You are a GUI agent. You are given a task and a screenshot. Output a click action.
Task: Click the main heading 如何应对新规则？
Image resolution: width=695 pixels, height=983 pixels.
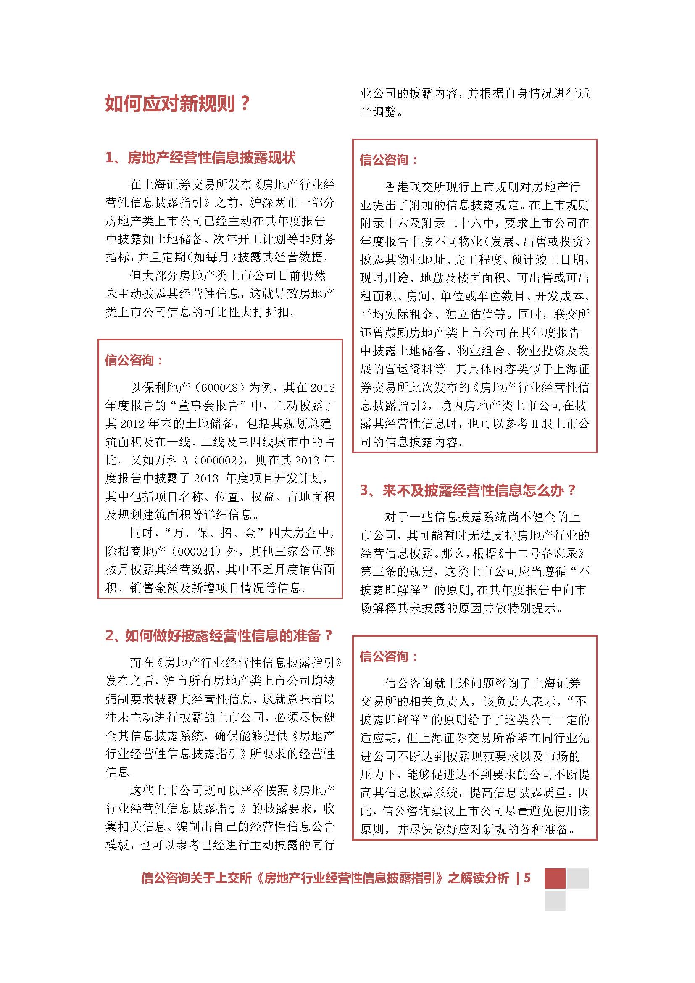point(178,104)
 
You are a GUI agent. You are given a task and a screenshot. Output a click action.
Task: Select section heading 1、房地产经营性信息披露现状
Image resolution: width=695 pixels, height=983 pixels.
point(200,158)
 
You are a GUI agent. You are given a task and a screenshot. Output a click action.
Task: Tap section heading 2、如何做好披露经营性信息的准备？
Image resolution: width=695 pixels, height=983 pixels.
point(219,636)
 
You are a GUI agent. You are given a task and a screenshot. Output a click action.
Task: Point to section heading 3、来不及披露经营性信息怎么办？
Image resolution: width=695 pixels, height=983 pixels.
point(468,490)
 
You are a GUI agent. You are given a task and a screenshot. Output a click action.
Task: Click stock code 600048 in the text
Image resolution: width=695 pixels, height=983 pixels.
point(219,388)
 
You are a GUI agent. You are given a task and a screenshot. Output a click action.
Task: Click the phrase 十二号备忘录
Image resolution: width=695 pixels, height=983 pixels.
point(541,553)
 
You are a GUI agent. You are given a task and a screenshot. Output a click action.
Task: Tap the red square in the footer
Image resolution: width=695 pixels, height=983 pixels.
point(555,878)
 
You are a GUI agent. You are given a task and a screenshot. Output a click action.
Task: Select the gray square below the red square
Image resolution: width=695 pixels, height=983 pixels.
point(555,900)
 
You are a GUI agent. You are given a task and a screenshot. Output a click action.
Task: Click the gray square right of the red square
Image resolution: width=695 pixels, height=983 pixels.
point(578,878)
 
